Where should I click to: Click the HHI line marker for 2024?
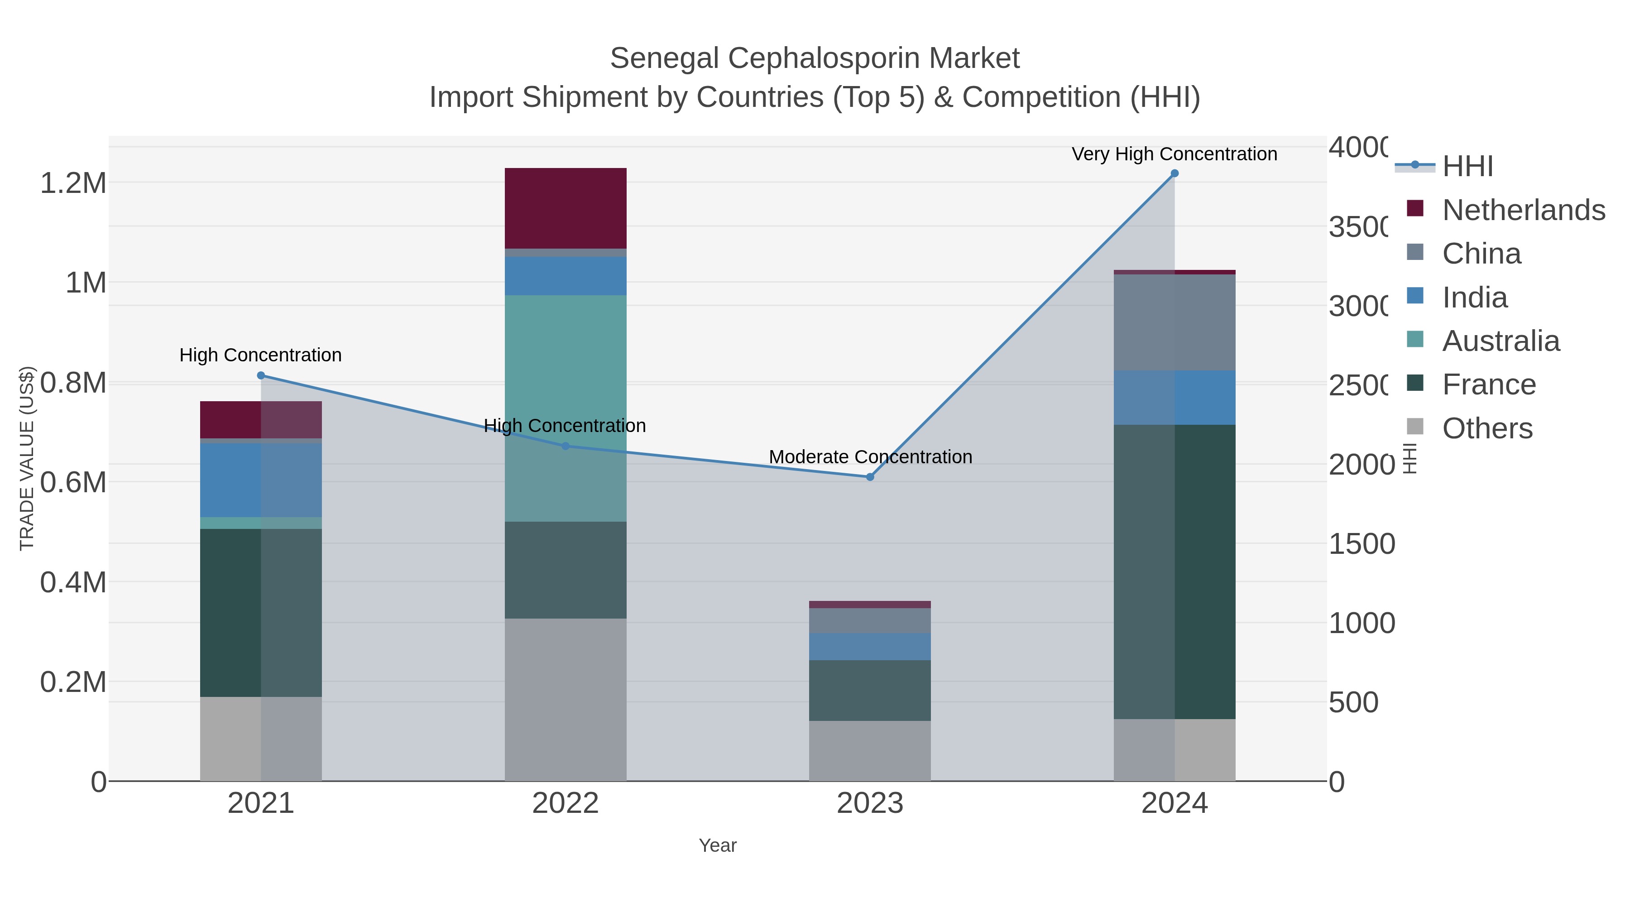(1175, 173)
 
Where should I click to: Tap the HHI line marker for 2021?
(261, 375)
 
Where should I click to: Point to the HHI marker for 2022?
(566, 446)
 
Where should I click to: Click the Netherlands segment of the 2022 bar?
(565, 208)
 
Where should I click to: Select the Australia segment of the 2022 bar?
(565, 408)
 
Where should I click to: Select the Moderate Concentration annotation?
(870, 457)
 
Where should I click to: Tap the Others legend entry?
(1487, 428)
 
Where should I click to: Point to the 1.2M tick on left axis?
(73, 183)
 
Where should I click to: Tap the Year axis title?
(718, 845)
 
